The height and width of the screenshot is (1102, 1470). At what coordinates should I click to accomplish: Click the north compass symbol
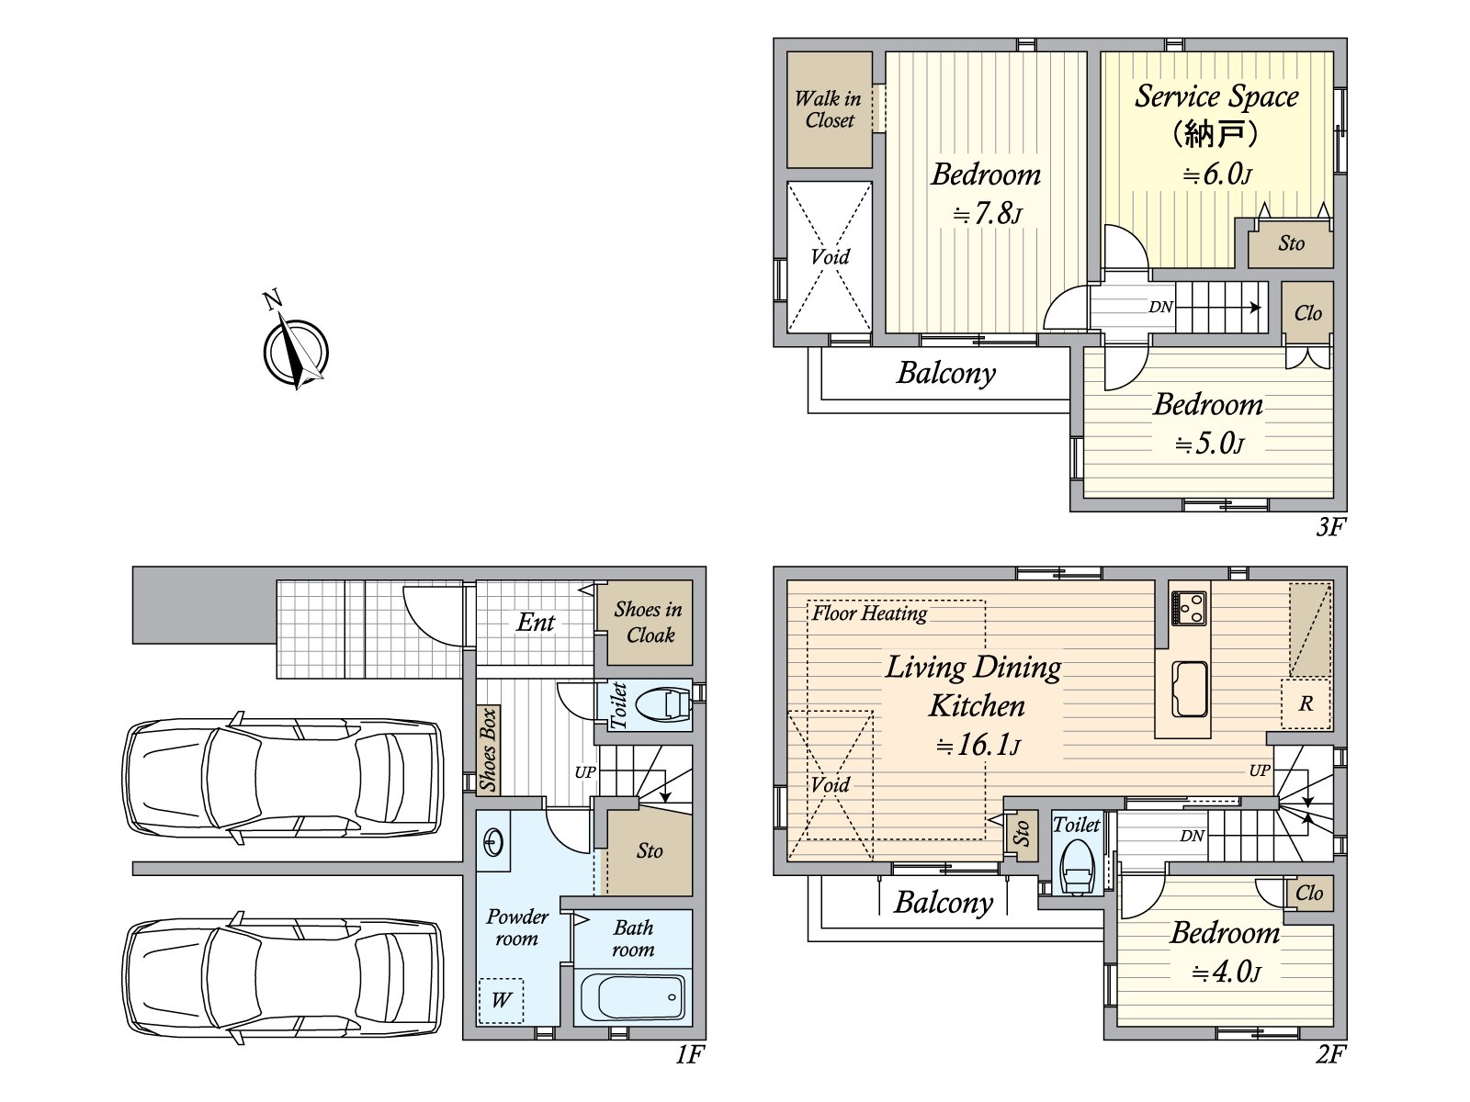tap(296, 351)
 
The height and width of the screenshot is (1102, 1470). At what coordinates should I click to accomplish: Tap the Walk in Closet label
tap(829, 109)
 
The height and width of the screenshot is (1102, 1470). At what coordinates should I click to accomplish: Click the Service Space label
tap(1216, 96)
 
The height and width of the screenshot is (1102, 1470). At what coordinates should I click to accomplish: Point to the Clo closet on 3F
tap(1307, 313)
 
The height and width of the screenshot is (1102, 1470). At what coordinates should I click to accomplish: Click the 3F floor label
tap(1330, 526)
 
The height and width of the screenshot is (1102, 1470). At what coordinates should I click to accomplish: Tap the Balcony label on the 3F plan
tap(945, 373)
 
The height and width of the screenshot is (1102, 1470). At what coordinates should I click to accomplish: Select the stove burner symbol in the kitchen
tap(1189, 608)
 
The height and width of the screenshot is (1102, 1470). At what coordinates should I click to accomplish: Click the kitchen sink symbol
tap(1190, 689)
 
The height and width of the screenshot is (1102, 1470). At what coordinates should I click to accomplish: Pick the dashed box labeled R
tap(1306, 704)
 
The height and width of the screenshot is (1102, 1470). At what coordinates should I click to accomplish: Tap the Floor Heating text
tap(869, 613)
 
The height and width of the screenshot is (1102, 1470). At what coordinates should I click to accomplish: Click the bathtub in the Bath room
tap(633, 997)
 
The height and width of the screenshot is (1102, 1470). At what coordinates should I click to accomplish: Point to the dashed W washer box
tap(501, 1000)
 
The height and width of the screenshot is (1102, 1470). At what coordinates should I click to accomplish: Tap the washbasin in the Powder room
tap(493, 840)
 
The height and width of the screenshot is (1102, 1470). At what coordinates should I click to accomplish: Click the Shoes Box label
tap(488, 749)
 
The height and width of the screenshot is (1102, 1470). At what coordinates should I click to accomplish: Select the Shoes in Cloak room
tap(649, 623)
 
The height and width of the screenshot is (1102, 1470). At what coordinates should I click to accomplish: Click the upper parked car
tap(283, 778)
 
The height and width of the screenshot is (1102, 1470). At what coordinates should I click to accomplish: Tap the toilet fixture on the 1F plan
tap(662, 705)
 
